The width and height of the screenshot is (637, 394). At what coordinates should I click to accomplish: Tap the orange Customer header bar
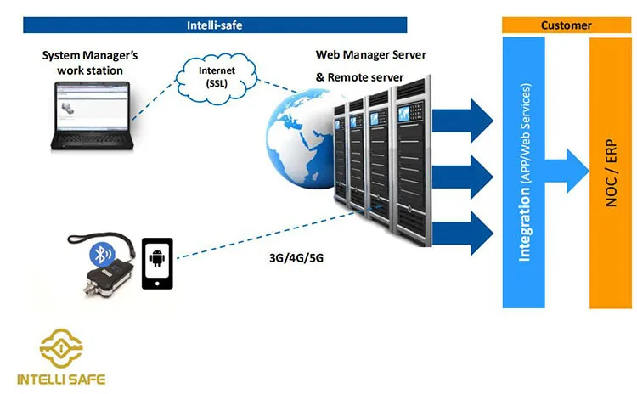pos(567,25)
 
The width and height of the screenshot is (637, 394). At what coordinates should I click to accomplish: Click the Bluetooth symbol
pos(101,255)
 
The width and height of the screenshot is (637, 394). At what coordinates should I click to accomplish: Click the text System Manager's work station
pos(90,63)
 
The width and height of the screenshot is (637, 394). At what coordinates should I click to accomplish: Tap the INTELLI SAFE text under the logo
pos(61,379)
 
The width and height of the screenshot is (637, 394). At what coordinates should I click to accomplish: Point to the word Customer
pos(567,25)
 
